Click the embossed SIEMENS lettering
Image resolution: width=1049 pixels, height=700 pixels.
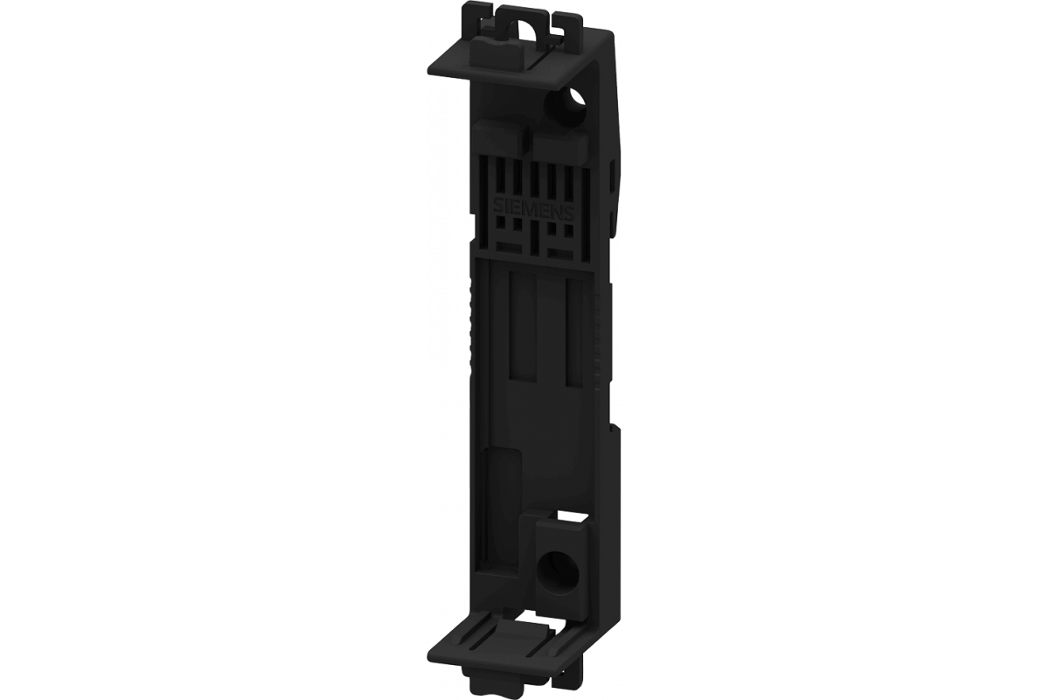coord(533,212)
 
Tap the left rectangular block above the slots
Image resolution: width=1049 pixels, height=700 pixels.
coord(500,135)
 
